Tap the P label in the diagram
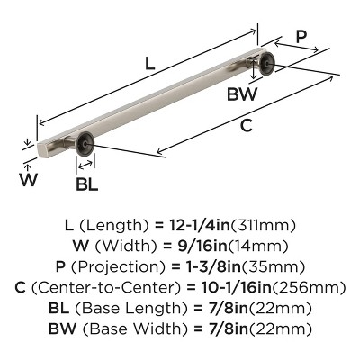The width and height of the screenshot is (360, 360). coord(301,39)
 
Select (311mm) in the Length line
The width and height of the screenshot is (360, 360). coord(267,224)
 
